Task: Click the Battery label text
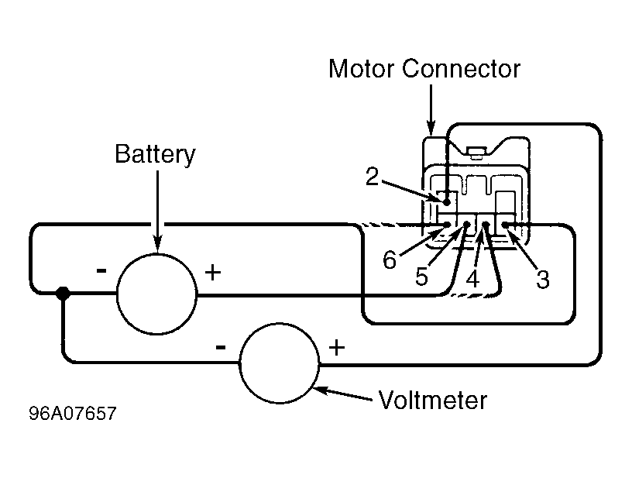[x=155, y=153]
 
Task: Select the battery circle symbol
[x=156, y=294]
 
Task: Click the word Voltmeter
[x=433, y=401]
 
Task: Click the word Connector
[x=461, y=69]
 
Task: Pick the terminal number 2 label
[x=373, y=177]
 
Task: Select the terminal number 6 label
[x=391, y=260]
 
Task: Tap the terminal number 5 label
[x=421, y=277]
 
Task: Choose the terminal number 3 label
[x=542, y=279]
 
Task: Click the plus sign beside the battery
[x=212, y=272]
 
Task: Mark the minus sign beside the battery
[x=101, y=270]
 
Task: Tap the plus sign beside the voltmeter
[x=337, y=347]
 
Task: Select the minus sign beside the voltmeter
[x=221, y=347]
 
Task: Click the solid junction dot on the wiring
[x=64, y=294]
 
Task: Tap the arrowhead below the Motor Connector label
[x=431, y=128]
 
